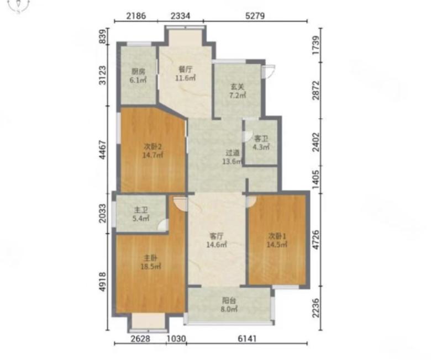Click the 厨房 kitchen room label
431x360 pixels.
point(138,76)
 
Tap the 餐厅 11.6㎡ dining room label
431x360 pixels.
point(186,73)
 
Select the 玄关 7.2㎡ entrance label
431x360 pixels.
point(238,91)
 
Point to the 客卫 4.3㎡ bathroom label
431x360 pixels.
point(261,142)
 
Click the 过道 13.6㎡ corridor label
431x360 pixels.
point(232,157)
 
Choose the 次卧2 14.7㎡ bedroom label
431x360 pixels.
point(153,151)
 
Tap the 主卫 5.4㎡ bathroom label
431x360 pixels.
point(141,214)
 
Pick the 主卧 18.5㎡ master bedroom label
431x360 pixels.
point(151,262)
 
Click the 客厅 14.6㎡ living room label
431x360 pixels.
point(217,240)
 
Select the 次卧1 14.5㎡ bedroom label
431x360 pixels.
point(277,240)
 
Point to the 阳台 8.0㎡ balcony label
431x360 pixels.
point(229,305)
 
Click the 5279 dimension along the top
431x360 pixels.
point(255,15)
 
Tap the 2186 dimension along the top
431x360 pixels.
point(136,15)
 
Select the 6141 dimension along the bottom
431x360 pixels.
point(247,338)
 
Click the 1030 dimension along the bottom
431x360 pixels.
point(176,338)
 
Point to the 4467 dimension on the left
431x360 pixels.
point(103,150)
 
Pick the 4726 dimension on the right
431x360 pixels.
point(316,240)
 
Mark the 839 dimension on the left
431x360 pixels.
point(103,36)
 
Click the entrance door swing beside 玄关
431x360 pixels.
point(268,71)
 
